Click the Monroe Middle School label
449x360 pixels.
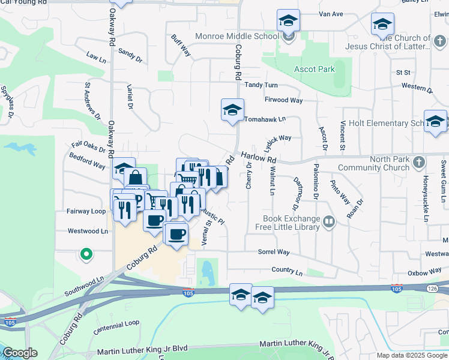point(237,36)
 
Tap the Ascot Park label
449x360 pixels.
point(314,70)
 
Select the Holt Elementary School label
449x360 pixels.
point(385,123)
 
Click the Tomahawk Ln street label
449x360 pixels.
point(264,119)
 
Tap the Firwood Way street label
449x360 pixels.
point(283,100)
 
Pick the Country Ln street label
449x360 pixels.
point(287,271)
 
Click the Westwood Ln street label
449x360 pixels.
point(88,230)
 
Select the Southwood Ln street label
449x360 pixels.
point(83,287)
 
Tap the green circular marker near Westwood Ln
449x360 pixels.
point(86,254)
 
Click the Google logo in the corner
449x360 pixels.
point(20,353)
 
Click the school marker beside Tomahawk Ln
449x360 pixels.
point(232,110)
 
